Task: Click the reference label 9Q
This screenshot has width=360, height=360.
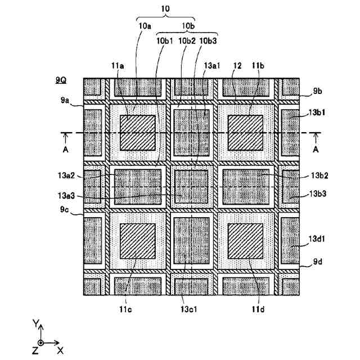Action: coord(61,80)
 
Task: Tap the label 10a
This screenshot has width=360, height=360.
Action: coord(145,26)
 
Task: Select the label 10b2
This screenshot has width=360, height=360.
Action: coord(187,41)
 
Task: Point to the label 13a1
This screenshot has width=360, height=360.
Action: coord(212,66)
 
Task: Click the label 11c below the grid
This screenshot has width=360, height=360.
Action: coord(125,309)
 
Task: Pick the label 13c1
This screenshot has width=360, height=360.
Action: coord(189,309)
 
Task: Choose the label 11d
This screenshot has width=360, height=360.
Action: coord(258,309)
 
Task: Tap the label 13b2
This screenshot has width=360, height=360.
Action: coord(319,175)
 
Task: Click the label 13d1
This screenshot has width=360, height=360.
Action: coord(317,238)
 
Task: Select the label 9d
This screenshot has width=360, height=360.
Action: coord(318,261)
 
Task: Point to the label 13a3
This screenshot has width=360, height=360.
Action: coord(66,196)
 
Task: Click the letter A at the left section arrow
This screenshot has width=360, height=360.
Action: coord(66,150)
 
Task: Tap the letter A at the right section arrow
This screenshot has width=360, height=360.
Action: coord(316,150)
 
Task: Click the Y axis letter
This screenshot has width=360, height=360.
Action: coord(36,323)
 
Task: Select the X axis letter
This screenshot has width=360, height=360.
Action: coord(60,350)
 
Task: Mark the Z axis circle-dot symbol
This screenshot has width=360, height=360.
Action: coord(40,343)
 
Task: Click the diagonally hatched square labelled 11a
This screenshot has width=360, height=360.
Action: coord(138,133)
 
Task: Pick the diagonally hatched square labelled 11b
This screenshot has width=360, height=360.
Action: coord(245,133)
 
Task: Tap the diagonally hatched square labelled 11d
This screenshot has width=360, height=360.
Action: coord(245,241)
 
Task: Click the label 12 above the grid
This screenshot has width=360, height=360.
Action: coord(237,66)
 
